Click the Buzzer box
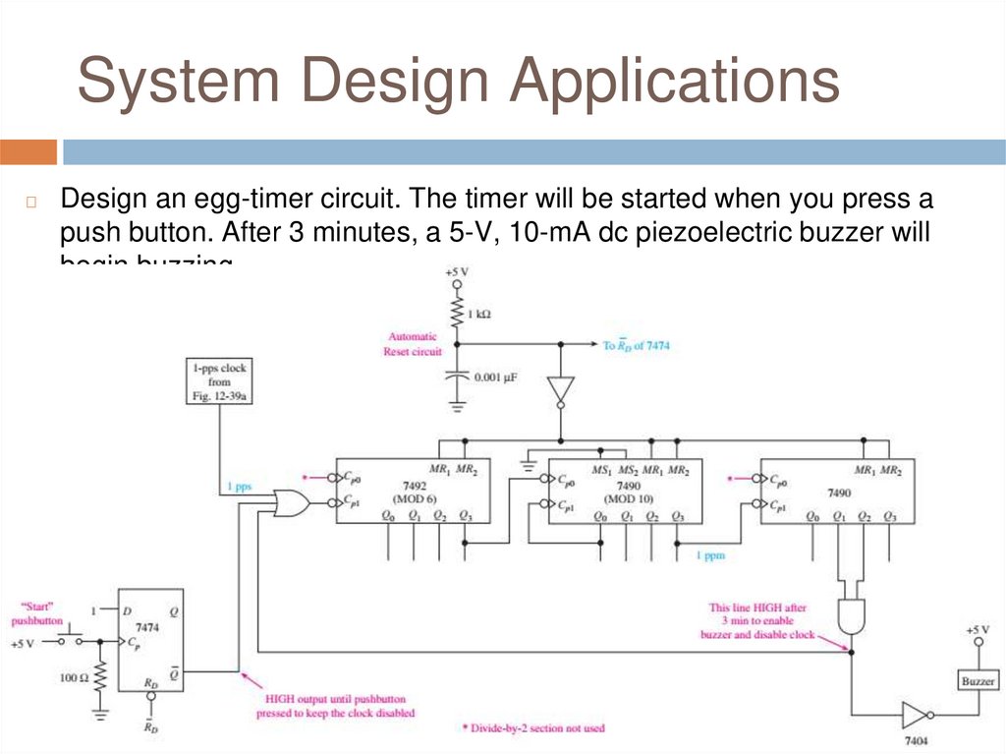(x=978, y=680)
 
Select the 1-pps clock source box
(x=220, y=381)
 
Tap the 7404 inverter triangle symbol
(x=917, y=715)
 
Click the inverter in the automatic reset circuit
(x=560, y=389)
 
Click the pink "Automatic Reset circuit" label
(x=413, y=343)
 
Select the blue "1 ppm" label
(x=710, y=556)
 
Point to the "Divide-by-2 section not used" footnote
(x=532, y=728)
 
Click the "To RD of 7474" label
(x=637, y=345)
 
